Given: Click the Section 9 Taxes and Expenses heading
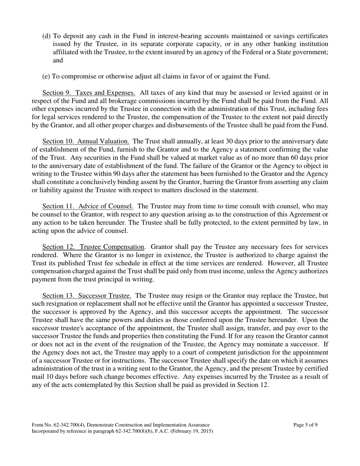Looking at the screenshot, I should [x=89, y=93].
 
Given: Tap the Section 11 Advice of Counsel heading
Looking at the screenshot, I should [x=88, y=206].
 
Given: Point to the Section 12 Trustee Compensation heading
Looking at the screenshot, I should [x=93, y=247].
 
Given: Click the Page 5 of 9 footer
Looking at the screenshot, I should [x=305, y=425].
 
